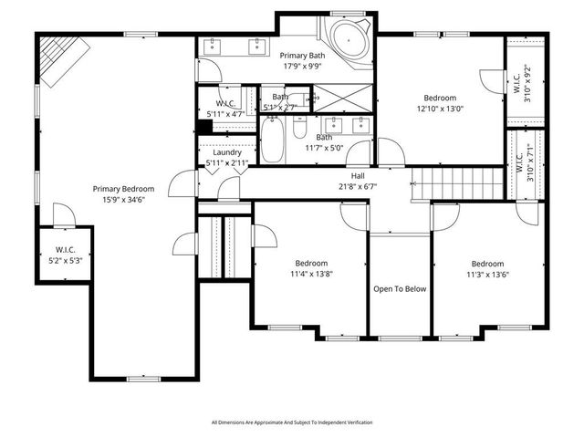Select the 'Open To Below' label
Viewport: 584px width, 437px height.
click(x=400, y=289)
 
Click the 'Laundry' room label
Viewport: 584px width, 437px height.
click(x=226, y=152)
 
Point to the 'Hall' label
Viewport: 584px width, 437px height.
click(x=357, y=175)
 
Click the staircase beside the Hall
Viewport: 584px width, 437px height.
click(x=456, y=179)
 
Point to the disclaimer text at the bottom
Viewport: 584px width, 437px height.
click(x=292, y=422)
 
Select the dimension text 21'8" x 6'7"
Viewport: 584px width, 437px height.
click(x=357, y=186)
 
